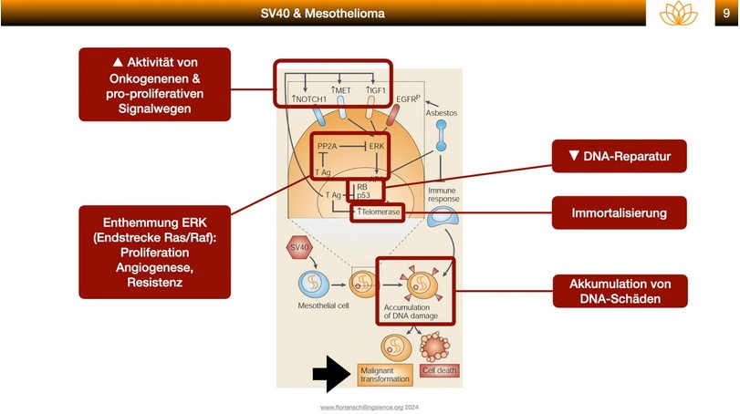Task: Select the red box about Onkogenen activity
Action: click(x=154, y=84)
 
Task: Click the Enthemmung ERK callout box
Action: click(x=154, y=251)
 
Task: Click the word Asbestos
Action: click(x=442, y=113)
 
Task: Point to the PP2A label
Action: click(x=328, y=146)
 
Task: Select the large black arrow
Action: click(x=331, y=372)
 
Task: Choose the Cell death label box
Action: click(x=440, y=370)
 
